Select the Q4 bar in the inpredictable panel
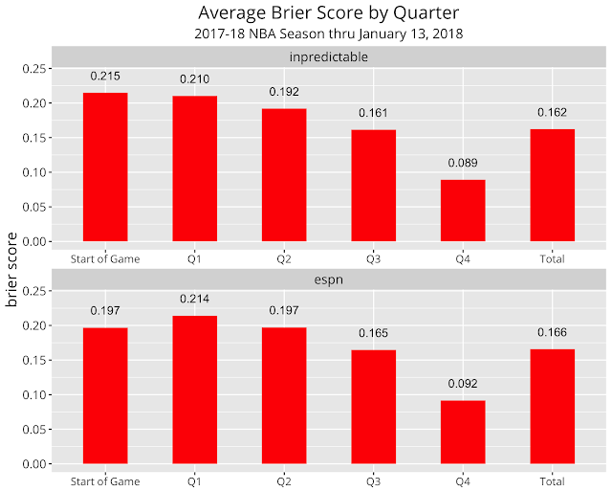462,211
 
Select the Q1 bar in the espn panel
194,390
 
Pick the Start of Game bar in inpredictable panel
105,167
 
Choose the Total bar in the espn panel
552,406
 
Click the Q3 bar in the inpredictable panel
373,186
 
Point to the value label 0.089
462,163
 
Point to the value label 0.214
194,299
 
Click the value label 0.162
552,112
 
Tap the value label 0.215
105,76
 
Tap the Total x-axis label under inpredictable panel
552,258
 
